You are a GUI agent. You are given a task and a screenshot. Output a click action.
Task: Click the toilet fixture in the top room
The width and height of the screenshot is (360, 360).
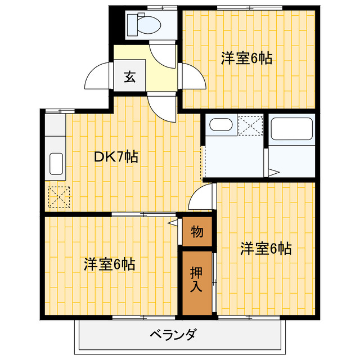point(143,24)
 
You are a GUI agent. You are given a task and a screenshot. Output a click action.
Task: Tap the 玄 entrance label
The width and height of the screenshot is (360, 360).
point(130,77)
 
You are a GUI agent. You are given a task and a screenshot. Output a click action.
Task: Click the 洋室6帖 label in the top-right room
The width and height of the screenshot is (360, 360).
point(246,58)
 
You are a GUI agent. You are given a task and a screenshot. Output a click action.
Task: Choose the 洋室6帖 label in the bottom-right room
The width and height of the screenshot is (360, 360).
point(266,248)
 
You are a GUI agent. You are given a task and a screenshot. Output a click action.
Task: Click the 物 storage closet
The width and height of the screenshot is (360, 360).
point(197,231)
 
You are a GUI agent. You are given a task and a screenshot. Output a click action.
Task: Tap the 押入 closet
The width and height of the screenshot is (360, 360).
point(196,280)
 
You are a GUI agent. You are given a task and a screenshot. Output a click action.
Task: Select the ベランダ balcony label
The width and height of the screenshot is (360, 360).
point(173,335)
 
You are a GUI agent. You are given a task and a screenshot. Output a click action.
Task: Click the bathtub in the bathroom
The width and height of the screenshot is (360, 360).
point(292,130)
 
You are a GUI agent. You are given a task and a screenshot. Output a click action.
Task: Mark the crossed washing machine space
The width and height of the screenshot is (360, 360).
point(250,124)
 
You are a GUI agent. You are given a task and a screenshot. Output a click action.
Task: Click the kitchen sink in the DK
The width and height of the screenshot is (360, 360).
point(57,163)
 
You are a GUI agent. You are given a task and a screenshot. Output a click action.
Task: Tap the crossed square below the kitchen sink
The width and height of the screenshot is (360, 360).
point(57,197)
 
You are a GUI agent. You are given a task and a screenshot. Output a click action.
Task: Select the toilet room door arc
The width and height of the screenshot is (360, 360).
point(165,53)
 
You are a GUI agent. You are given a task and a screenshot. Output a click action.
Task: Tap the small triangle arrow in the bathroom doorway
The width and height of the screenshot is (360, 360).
point(274,172)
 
